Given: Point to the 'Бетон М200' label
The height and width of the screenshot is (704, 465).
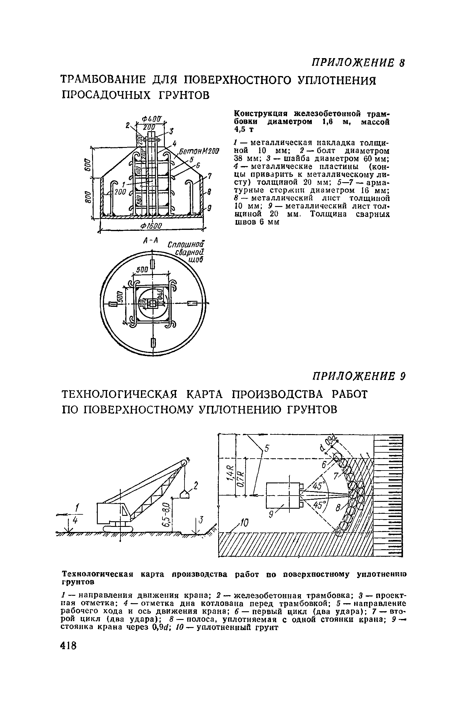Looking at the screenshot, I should point(198,151).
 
